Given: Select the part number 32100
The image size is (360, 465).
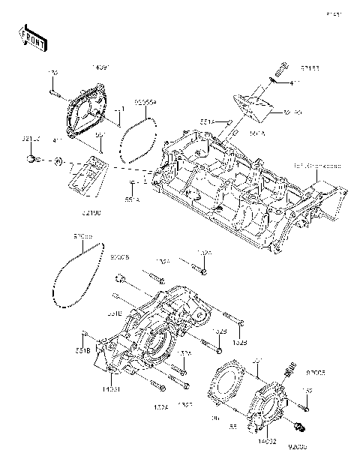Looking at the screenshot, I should pos(91,212).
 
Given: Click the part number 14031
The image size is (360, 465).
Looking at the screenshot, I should pos(109,389).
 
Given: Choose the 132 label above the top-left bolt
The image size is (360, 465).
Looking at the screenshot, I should pos(54,73).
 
